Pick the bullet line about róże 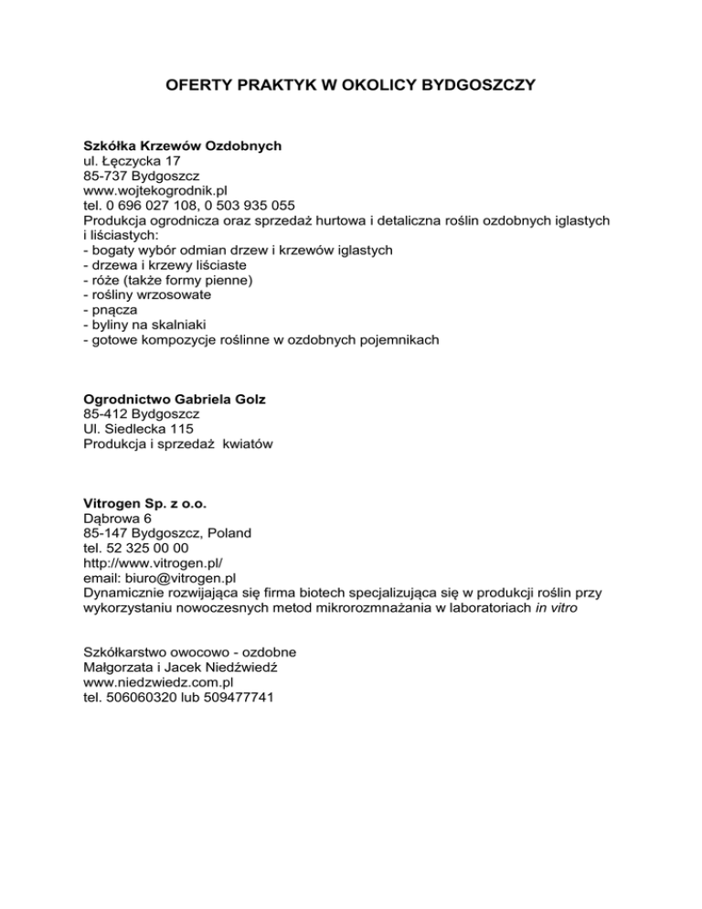click(169, 281)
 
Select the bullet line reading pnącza click(110, 311)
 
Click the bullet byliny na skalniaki click(145, 326)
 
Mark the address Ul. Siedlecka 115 click(138, 429)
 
